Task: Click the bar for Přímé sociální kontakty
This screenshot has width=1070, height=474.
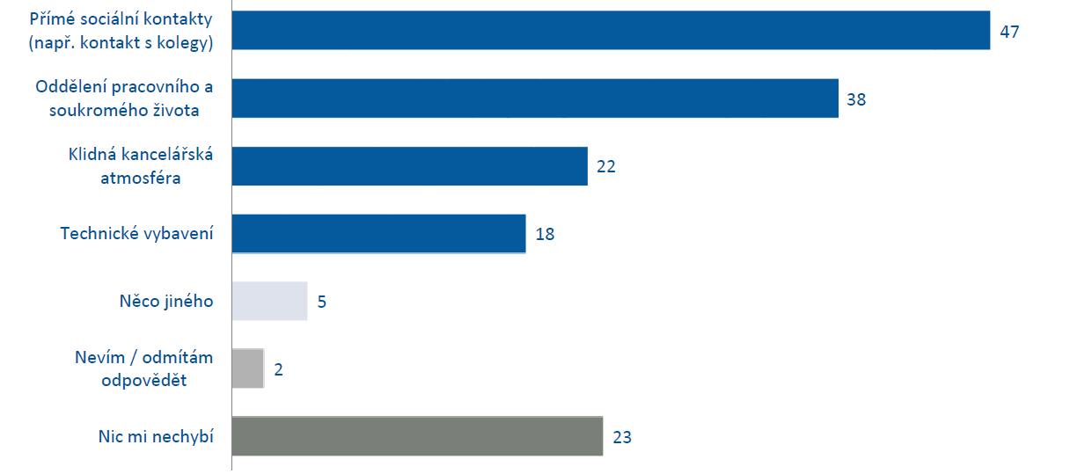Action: coord(611,31)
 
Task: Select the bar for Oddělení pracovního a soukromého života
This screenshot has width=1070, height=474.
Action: coord(535,98)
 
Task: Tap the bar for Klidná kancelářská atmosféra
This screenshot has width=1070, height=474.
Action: coord(409,166)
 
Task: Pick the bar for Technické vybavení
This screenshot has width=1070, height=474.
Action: coord(378,234)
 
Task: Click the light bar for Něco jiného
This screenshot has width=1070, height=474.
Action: coord(269,302)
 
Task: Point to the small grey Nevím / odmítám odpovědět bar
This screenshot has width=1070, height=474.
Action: coord(247,368)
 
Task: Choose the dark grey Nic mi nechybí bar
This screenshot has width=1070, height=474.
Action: coord(417,436)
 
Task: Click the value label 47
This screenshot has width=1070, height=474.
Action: coord(1009,32)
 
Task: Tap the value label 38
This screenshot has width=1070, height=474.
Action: coord(856,99)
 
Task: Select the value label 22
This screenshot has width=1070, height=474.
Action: coord(605,166)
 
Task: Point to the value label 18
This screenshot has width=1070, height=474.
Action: coord(545,234)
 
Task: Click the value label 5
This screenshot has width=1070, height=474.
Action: coord(322,302)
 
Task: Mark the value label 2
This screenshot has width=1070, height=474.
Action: coord(278,369)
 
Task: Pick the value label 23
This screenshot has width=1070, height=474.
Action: coord(622,437)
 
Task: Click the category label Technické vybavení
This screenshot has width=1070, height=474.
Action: coord(136,234)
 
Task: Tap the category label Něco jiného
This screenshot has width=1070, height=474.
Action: coord(166,302)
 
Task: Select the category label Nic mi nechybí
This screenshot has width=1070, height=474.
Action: coord(157,436)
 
